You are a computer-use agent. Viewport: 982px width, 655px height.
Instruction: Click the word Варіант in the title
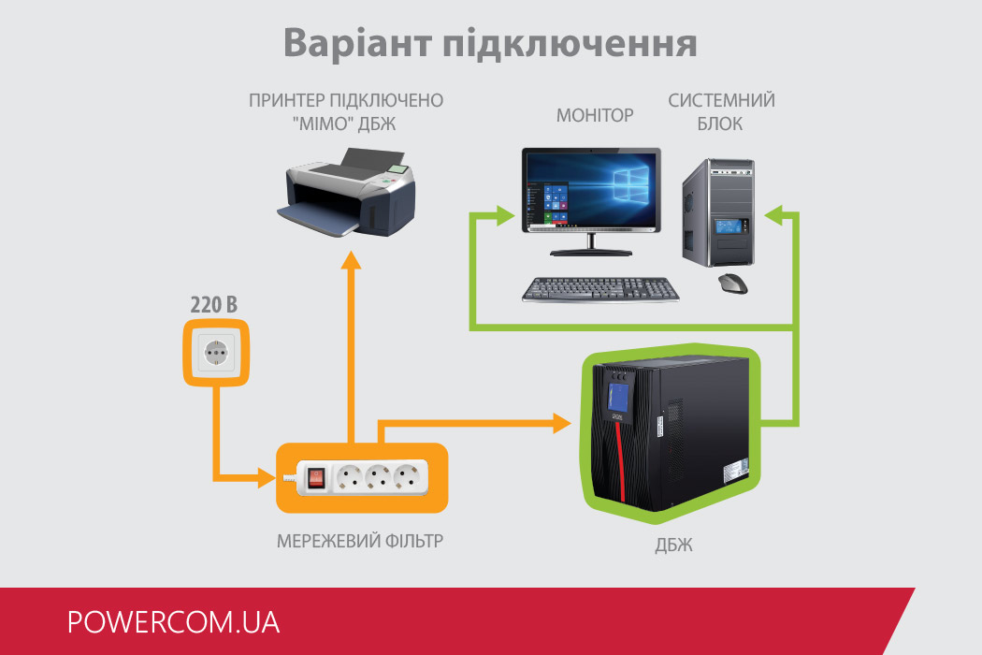coord(357,43)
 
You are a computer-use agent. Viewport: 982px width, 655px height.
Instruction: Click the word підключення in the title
coord(570,45)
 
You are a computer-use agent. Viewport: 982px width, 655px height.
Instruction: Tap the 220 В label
coord(214,305)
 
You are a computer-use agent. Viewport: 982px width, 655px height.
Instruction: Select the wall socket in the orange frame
coord(216,352)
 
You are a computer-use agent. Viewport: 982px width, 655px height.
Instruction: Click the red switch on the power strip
coord(316,479)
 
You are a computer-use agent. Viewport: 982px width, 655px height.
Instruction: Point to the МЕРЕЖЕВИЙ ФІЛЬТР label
coord(360,541)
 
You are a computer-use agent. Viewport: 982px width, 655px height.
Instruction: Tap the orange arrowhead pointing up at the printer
coord(352,260)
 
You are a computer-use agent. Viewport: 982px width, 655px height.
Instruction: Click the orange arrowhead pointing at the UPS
coord(562,423)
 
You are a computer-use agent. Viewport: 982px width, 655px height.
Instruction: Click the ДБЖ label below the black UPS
coord(674,546)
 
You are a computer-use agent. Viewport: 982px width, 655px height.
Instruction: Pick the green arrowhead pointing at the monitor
coord(505,215)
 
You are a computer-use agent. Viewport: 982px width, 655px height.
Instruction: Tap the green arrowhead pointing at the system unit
coord(774,215)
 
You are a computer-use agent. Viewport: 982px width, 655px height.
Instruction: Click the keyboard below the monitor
coord(600,290)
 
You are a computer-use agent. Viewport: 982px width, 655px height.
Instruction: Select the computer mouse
coord(732,284)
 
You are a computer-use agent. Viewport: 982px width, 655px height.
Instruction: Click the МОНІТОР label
coord(595,115)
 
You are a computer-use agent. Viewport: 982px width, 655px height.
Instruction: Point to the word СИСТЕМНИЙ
coord(721,100)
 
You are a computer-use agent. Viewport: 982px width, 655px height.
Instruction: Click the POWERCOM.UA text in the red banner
coord(173,622)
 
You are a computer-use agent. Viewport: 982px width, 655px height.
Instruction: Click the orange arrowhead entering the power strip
coord(267,478)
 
